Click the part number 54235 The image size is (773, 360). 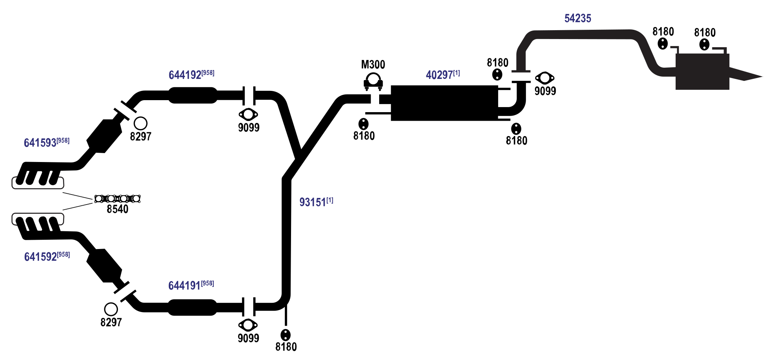(577, 18)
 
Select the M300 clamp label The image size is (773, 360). (373, 64)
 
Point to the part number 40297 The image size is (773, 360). (439, 75)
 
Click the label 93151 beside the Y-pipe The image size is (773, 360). (313, 202)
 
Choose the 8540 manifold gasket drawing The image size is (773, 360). (117, 199)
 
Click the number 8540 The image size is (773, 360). (117, 209)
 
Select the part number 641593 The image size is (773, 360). (40, 143)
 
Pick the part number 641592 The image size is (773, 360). (41, 257)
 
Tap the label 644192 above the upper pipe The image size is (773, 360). (185, 75)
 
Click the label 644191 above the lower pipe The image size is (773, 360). (185, 285)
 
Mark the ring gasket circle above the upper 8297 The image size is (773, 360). (140, 123)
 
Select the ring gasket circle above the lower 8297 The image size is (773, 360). (111, 309)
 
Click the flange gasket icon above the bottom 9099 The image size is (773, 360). (248, 325)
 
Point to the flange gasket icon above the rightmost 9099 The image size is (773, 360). (545, 78)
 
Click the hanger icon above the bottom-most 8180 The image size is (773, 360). (286, 335)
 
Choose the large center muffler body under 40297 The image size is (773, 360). (444, 103)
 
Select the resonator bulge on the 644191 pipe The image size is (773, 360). (192, 307)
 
